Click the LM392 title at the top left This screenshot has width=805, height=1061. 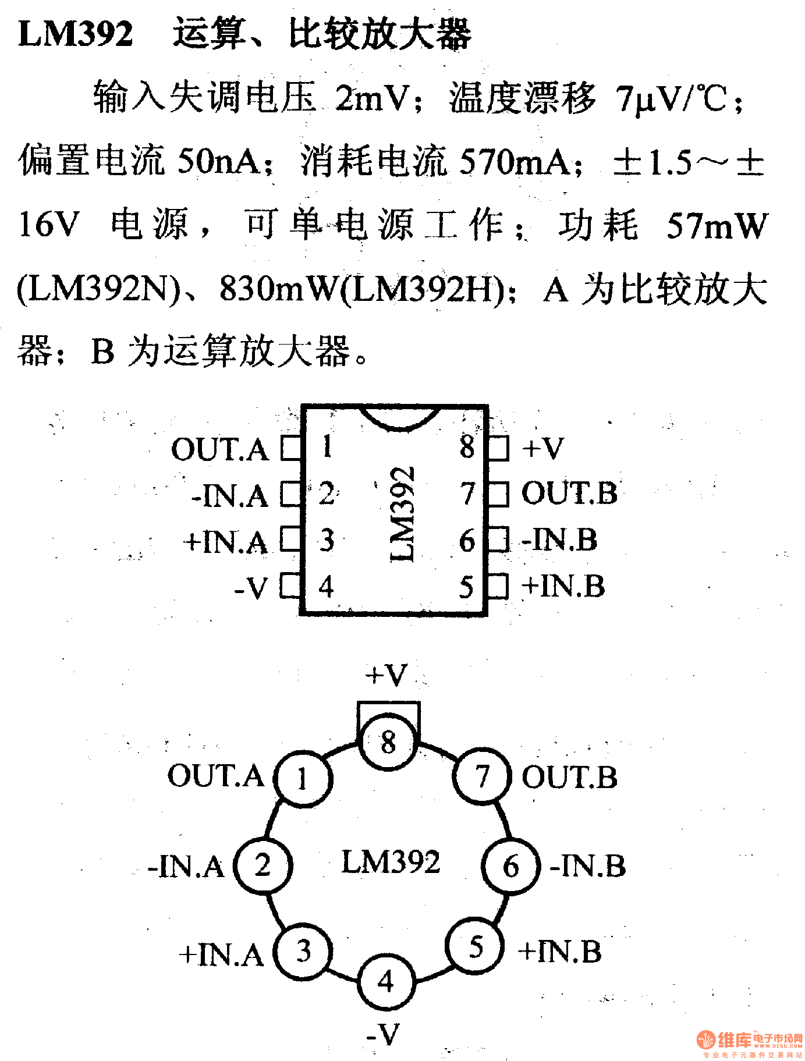[76, 34]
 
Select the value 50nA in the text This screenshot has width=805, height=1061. [219, 161]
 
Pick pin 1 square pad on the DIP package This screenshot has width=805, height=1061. [290, 448]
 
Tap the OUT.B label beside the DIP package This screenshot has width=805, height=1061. [569, 494]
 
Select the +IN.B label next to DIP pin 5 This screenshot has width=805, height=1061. [563, 586]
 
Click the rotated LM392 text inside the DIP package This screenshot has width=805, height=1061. [403, 513]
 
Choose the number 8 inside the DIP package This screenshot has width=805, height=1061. [467, 447]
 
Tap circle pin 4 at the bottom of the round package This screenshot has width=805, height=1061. [386, 982]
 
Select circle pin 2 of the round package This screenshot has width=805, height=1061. [263, 865]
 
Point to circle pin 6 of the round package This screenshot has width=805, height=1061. [510, 866]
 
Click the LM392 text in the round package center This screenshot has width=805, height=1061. [391, 862]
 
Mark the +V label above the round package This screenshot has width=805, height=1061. [386, 675]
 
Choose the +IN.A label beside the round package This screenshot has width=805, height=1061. [221, 954]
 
